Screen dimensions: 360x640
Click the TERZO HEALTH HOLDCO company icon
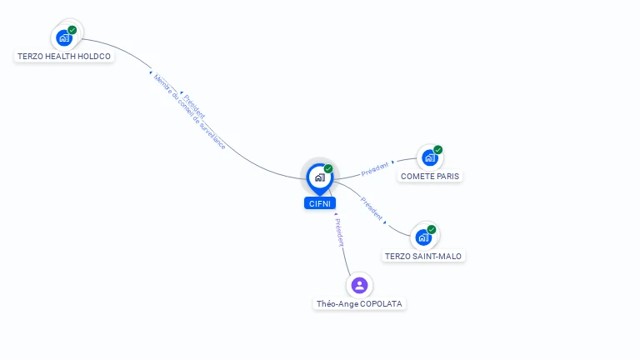pos(64,37)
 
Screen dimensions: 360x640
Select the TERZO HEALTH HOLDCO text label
pos(64,57)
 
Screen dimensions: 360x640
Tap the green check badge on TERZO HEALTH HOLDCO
pos(72,30)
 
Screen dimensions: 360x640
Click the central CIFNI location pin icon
pos(319,177)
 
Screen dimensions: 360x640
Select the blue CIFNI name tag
pos(320,202)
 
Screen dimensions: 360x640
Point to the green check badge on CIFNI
pos(328,168)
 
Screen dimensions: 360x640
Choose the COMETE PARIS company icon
pos(429,157)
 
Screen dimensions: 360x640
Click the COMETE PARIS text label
pos(430,176)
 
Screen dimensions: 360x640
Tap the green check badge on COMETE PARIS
pos(438,150)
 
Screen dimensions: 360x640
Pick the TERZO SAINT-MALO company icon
pos(423,237)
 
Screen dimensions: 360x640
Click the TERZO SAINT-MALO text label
pos(423,256)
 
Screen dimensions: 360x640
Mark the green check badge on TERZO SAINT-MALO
pos(432,229)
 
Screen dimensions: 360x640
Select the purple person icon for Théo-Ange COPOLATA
pos(359,285)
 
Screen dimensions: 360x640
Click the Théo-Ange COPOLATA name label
pos(360,304)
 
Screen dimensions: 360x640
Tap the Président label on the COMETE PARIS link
pos(375,168)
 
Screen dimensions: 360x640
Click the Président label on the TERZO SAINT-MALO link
pos(372,208)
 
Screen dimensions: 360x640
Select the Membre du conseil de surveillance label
pos(189,112)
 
